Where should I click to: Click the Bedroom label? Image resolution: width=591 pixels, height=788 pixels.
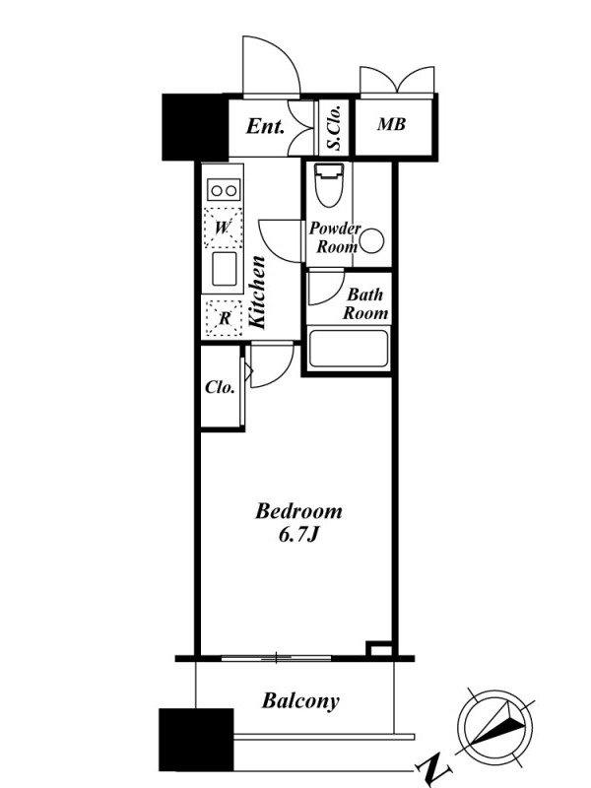[x=299, y=511]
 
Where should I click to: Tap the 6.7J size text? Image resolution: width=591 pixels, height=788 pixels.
[x=298, y=535]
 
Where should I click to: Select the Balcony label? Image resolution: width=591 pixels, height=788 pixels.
[x=300, y=700]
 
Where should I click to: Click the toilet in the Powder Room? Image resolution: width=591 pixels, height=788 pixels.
[x=329, y=184]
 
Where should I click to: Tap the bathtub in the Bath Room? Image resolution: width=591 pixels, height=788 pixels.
[x=349, y=349]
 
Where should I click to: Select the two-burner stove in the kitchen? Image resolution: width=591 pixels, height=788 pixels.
[x=224, y=190]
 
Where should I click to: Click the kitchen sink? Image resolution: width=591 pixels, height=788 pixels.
[x=225, y=269]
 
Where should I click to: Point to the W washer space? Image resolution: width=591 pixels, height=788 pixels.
[x=223, y=228]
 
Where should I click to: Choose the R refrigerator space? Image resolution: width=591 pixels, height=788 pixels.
[x=225, y=317]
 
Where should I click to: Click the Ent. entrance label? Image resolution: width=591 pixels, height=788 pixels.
[x=265, y=126]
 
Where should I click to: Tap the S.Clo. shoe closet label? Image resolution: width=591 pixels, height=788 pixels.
[x=335, y=128]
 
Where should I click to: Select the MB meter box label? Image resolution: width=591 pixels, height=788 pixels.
[x=391, y=124]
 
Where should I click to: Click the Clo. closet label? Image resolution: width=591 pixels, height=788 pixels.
[x=220, y=387]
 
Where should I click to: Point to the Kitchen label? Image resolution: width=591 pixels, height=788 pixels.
[x=257, y=293]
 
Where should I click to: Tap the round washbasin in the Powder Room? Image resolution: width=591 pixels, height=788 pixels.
[x=372, y=240]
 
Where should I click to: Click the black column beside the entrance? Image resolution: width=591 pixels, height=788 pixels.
[x=194, y=127]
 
